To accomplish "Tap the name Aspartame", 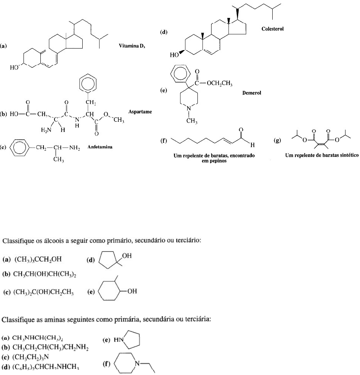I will pos(140,112).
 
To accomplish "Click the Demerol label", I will pos(251,94).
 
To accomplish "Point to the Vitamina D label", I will pos(134,46).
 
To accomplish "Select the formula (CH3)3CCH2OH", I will pos(38,259).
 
